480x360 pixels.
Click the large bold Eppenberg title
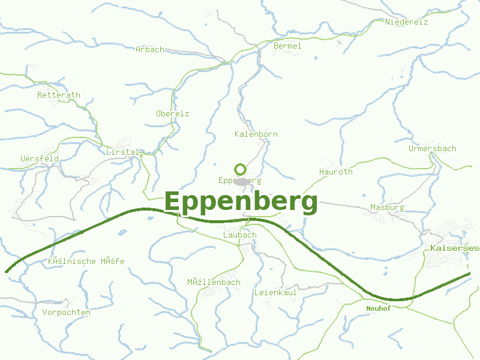tap(241, 202)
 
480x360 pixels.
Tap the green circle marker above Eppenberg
tap(241, 170)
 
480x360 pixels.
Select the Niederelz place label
tap(407, 22)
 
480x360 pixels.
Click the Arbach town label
tap(149, 49)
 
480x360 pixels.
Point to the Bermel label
tap(287, 46)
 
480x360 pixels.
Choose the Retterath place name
tap(58, 95)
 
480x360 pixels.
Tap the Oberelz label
tap(172, 113)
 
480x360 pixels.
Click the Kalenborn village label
tap(256, 134)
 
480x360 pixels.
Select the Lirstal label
tap(122, 152)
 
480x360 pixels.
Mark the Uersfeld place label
tap(39, 158)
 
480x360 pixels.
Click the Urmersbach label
tap(432, 148)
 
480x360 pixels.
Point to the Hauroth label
tap(335, 172)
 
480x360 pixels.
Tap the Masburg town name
tap(387, 207)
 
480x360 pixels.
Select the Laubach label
tap(239, 235)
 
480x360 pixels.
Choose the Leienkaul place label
tap(275, 292)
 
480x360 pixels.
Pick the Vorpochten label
tap(66, 312)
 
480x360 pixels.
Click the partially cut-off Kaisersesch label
tap(454, 247)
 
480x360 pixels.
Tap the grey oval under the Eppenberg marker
tap(242, 182)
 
